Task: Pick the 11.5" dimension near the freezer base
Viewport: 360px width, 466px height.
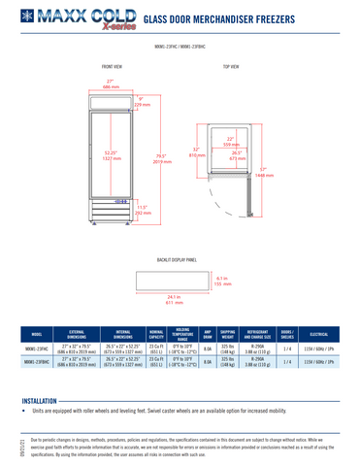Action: click(141, 209)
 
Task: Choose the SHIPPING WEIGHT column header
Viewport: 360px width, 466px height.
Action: click(228, 333)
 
